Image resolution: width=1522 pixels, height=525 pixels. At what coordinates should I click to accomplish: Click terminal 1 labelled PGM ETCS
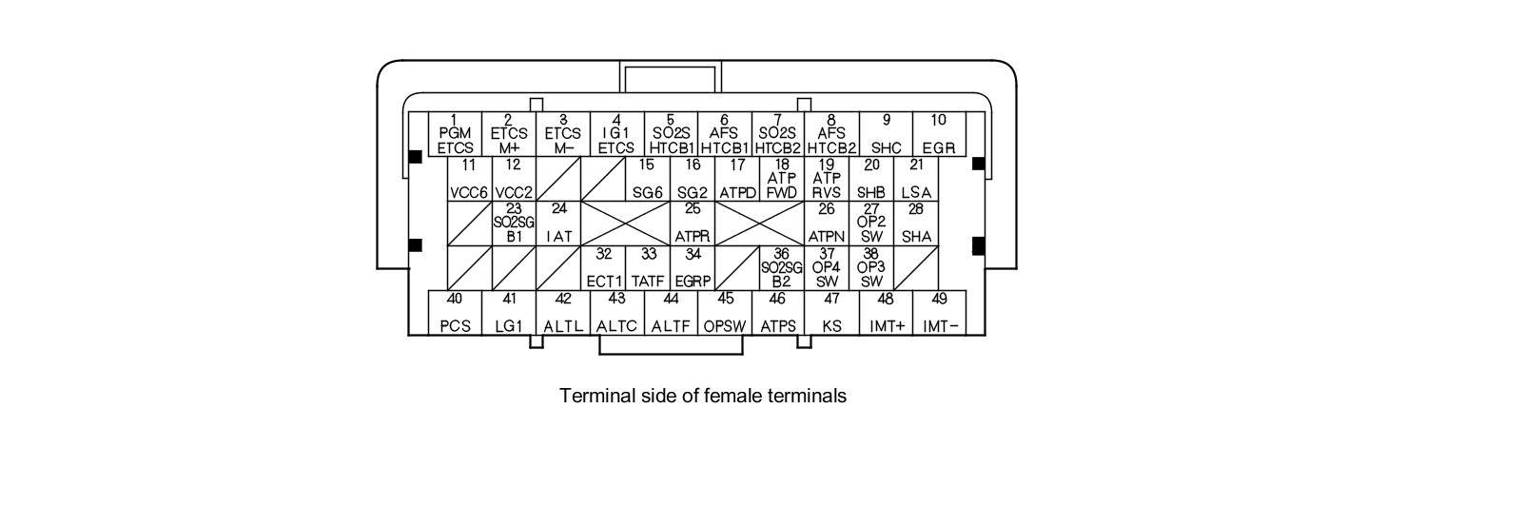[456, 134]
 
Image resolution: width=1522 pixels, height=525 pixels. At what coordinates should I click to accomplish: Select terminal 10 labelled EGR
[939, 134]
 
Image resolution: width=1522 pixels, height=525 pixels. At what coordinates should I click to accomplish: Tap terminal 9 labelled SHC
[886, 134]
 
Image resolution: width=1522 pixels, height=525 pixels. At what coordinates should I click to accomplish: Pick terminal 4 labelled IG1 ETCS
[616, 134]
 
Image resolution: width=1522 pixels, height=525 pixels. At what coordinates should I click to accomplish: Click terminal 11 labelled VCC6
[469, 179]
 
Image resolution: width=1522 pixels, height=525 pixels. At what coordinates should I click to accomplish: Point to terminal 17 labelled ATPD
[737, 179]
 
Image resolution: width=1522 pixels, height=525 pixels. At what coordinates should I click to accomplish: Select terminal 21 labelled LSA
[916, 179]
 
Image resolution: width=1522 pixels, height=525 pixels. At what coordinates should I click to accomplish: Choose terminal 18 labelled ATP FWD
[782, 179]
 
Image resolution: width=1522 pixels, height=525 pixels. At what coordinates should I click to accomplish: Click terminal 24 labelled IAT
[559, 224]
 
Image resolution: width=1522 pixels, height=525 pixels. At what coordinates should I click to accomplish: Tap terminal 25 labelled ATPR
[693, 224]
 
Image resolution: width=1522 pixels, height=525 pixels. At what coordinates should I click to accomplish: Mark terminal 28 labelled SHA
[916, 224]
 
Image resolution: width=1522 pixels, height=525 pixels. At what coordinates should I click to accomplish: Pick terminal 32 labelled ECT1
[604, 268]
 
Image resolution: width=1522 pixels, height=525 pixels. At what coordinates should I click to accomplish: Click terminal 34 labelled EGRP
[693, 268]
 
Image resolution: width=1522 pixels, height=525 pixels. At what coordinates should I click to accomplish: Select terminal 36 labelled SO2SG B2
[782, 268]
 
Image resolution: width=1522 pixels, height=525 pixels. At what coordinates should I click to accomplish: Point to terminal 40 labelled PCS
[456, 313]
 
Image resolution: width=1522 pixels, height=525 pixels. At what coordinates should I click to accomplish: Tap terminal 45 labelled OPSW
[725, 313]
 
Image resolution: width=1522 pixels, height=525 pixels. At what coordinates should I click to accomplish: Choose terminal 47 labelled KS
[832, 313]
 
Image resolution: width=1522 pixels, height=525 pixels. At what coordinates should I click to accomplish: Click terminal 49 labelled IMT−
[940, 313]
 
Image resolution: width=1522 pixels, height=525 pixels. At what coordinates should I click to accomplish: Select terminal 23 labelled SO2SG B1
[514, 224]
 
